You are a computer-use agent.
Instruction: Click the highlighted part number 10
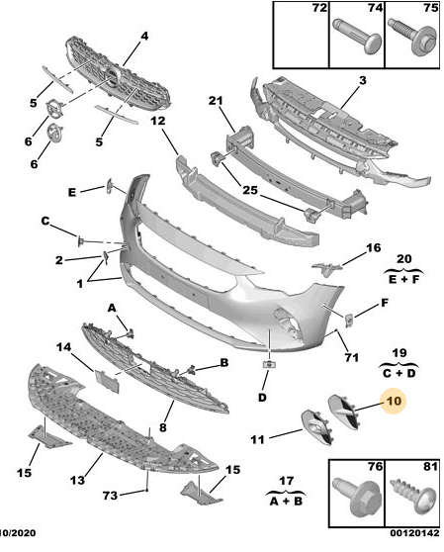point(394,401)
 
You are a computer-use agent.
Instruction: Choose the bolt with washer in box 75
point(412,37)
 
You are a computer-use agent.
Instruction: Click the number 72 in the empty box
point(319,7)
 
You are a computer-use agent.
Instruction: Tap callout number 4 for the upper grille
point(144,37)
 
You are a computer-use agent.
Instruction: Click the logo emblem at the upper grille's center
point(113,78)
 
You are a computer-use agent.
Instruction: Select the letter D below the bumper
point(262,398)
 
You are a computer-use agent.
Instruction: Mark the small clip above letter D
point(269,364)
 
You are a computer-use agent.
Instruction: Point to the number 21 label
point(216,101)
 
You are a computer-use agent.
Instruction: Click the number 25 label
point(250,191)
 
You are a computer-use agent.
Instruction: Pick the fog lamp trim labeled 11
point(316,427)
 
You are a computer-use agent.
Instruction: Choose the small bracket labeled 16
point(326,269)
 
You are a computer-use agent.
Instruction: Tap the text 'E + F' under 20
point(403,280)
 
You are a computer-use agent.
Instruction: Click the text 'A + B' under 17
point(286,501)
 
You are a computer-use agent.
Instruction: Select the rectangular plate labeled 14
point(107,381)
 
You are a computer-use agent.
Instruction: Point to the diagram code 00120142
point(414,533)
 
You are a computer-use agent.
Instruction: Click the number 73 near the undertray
point(110,496)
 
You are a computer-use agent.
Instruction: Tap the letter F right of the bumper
point(385,303)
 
